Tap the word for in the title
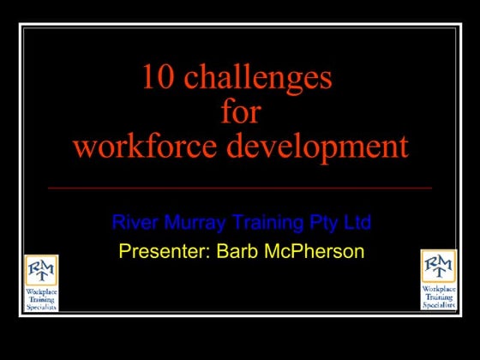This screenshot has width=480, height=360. (x=240, y=112)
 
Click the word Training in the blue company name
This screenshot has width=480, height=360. (x=265, y=224)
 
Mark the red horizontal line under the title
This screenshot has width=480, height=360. (x=240, y=187)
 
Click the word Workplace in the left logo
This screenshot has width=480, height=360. (x=41, y=292)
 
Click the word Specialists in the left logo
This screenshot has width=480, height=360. (x=41, y=306)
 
